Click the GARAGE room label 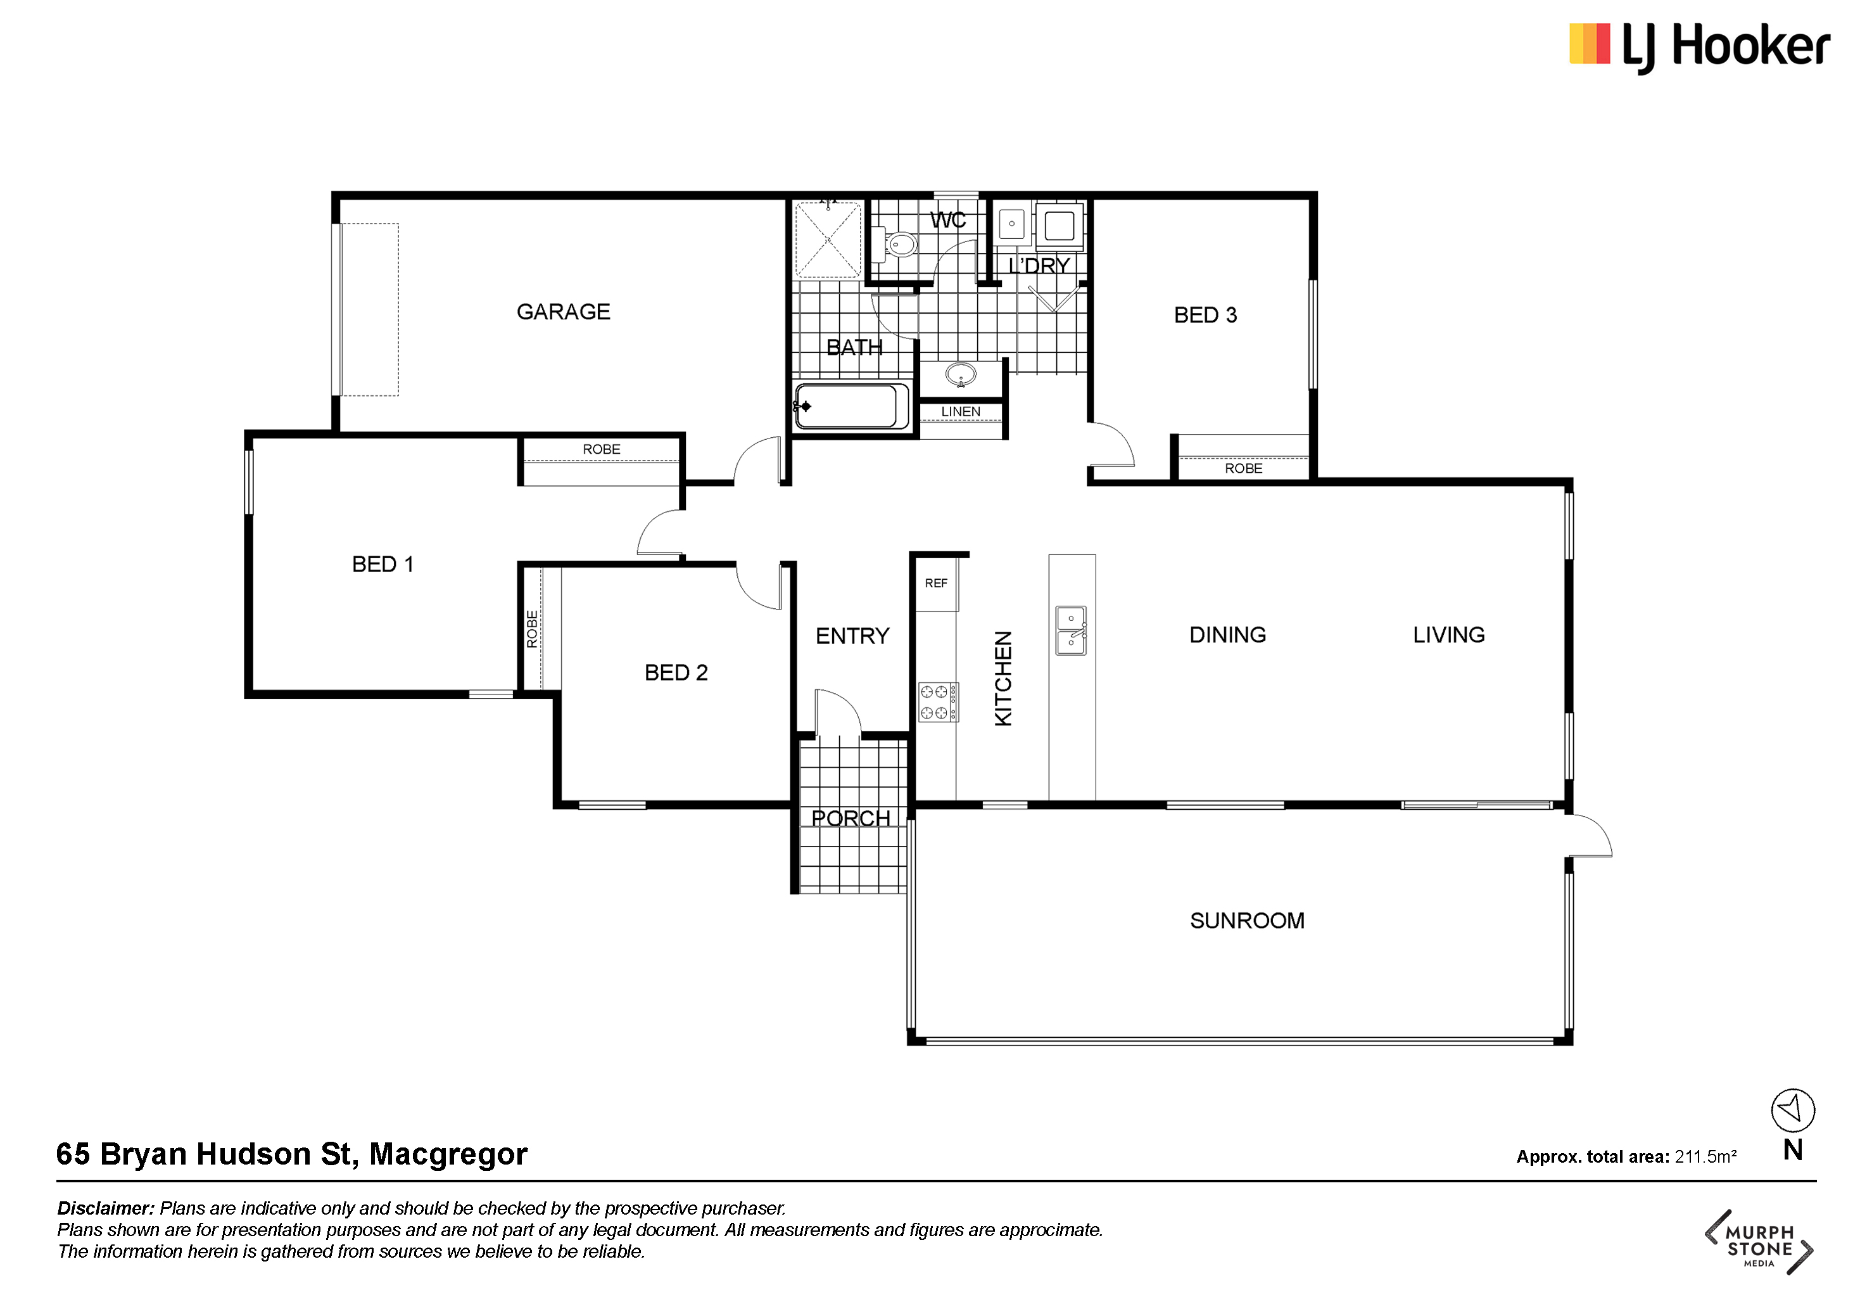(563, 312)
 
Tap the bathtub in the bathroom (851, 406)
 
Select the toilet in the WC (897, 244)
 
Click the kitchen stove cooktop (938, 702)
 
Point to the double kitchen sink (1071, 630)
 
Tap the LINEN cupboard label (961, 412)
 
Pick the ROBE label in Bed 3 (1244, 468)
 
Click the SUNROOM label (1247, 921)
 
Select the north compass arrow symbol (1793, 1110)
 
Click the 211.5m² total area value (1705, 1156)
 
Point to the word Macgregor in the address (448, 1154)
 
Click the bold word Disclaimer (105, 1208)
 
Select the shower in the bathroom (827, 240)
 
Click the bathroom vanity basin (961, 375)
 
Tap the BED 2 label (676, 673)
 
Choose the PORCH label (851, 819)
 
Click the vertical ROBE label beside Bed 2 (532, 629)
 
